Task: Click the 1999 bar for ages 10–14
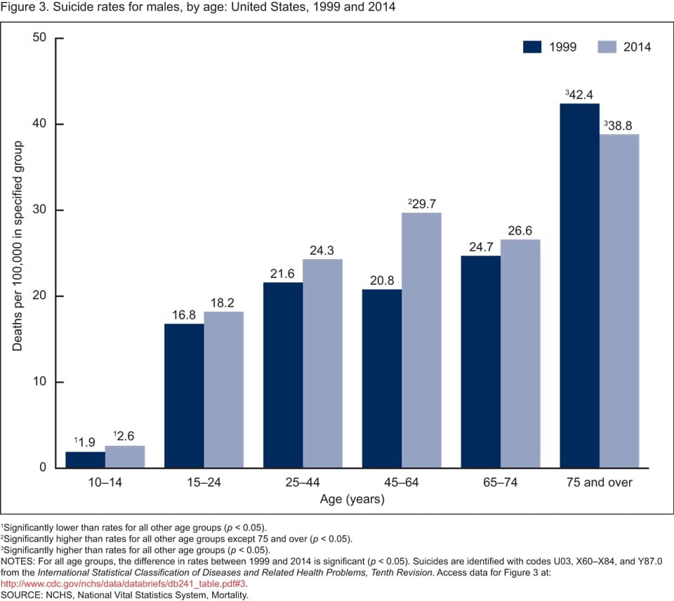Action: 85,460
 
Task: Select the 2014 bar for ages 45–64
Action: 421,341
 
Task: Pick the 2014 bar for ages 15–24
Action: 224,390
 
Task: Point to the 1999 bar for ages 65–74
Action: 481,362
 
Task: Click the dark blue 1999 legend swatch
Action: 533,47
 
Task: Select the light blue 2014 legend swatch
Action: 607,47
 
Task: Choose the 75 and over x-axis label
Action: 600,482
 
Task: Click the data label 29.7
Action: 423,203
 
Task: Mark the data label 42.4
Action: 582,94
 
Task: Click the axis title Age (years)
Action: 352,499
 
